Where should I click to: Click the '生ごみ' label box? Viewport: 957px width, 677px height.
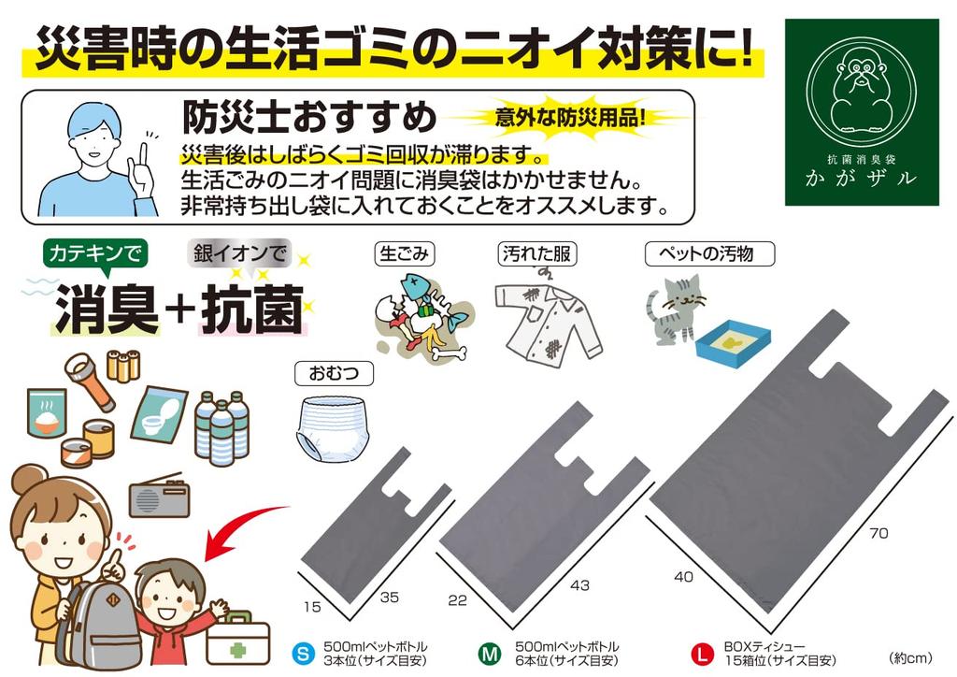coord(405,252)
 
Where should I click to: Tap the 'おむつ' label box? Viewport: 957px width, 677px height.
coord(334,373)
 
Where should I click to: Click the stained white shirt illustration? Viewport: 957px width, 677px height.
coord(545,320)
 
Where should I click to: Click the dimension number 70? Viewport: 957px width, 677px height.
coord(878,534)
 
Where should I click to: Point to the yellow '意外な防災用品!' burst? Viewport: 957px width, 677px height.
coord(569,118)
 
